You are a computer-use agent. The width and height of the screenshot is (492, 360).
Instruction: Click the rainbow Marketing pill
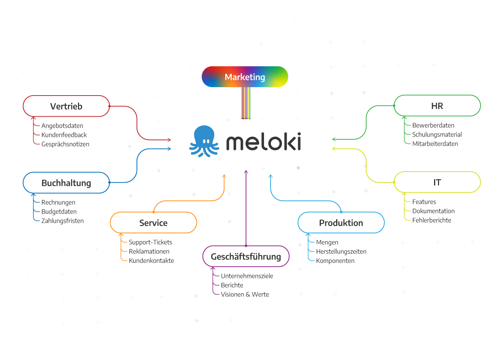(245, 77)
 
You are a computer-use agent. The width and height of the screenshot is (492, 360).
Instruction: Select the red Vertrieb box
(66, 106)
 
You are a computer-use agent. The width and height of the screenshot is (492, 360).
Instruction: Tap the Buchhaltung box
(66, 183)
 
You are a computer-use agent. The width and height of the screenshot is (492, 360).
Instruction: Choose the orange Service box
(154, 223)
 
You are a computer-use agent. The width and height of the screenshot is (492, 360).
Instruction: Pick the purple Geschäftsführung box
(246, 256)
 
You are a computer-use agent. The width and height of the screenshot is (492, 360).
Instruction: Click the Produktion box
(341, 223)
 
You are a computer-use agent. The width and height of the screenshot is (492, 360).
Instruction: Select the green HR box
(437, 106)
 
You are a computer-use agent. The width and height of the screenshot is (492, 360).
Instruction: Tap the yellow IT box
(437, 182)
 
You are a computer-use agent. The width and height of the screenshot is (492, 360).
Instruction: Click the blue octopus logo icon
(204, 141)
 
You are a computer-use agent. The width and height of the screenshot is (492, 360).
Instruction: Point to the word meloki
(263, 142)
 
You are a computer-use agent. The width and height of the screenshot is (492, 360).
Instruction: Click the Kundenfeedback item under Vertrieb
(64, 135)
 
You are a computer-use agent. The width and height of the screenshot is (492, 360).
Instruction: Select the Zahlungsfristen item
(63, 221)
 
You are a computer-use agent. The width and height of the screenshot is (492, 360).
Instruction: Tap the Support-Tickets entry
(150, 242)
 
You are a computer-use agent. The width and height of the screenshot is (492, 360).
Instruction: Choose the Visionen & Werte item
(245, 294)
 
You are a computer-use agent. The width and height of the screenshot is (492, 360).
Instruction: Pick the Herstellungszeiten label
(341, 251)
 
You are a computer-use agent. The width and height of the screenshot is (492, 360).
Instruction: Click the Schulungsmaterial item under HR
(437, 134)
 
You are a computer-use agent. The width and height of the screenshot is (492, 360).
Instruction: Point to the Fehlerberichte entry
(432, 220)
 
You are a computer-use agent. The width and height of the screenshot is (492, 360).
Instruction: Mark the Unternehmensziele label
(247, 276)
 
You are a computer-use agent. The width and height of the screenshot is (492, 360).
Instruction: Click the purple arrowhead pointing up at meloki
(246, 172)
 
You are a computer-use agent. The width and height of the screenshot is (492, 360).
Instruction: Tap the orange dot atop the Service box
(154, 212)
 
